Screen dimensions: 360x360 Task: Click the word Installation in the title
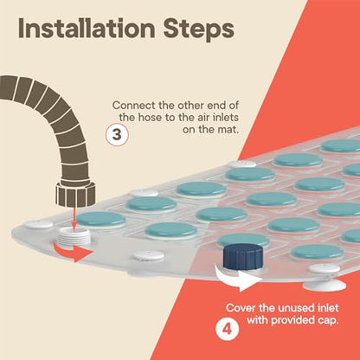tap(87, 29)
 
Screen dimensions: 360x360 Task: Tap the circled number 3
tap(117, 135)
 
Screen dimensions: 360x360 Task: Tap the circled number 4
tap(228, 329)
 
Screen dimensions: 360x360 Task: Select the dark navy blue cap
tap(243, 256)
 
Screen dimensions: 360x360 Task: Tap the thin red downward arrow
tap(74, 218)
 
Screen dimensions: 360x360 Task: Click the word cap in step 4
tap(328, 320)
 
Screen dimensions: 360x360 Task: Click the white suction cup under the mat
tap(325, 286)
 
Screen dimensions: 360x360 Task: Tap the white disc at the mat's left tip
tap(38, 224)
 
